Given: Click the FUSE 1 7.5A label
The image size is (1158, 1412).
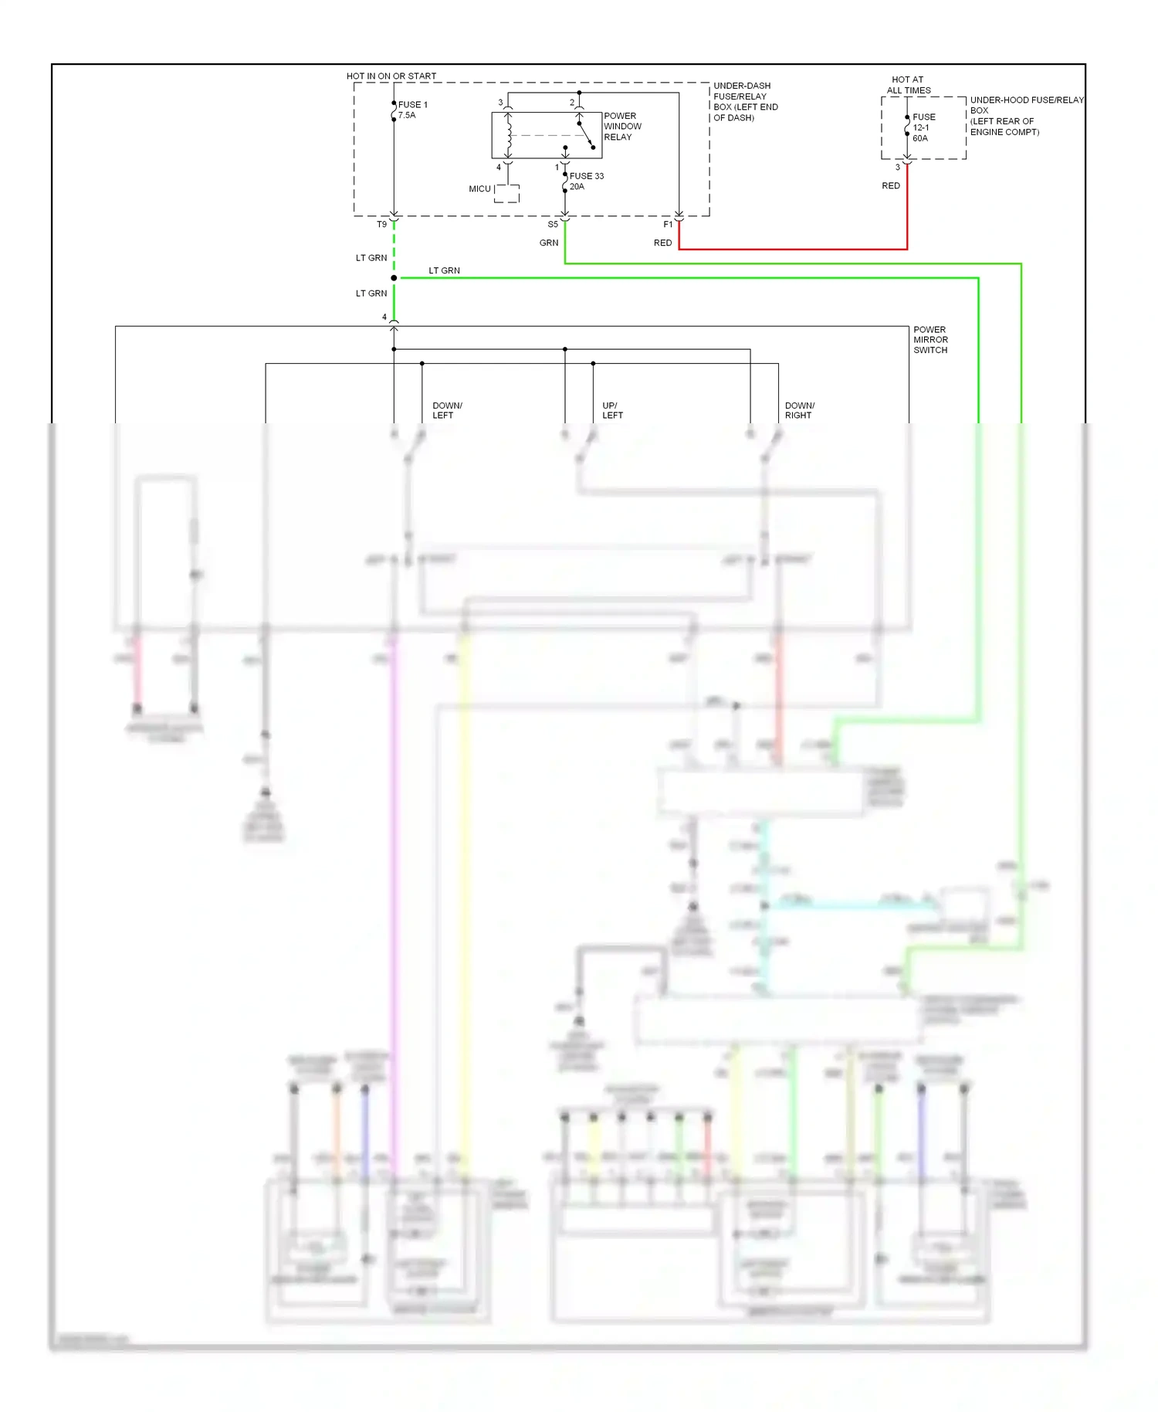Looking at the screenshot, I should coord(412,110).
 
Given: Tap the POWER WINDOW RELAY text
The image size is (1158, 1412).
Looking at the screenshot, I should coord(622,127).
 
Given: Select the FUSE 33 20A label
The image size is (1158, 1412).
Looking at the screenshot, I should coord(586,181).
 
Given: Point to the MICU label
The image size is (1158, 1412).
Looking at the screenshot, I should coord(479,189).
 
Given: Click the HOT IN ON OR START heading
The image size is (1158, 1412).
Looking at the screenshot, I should coord(391,76).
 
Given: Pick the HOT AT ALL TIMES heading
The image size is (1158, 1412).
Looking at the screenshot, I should coord(908,85).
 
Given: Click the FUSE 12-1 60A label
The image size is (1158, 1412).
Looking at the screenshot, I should coord(923,127).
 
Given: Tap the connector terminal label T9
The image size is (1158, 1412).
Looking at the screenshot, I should coord(381,225).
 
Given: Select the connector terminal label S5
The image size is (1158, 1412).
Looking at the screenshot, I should coord(553,225).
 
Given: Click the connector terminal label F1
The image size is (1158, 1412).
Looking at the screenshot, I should coord(668,225).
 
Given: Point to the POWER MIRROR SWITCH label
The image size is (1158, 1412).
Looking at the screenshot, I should coord(930,340).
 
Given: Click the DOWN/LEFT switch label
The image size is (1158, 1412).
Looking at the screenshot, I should coord(447,410).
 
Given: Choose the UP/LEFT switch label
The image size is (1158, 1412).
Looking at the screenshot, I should coord(612,410).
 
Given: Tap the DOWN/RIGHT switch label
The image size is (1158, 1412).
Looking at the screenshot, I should coord(799,410).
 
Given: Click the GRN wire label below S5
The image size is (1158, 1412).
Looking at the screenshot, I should coord(548,243).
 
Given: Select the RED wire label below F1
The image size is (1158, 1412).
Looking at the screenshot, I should coord(662,243).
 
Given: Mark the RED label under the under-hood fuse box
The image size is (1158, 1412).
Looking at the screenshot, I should coord(890,186).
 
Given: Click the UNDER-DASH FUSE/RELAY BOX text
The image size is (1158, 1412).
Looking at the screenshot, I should coord(744,102).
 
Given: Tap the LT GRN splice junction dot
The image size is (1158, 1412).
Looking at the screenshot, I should coord(394,277).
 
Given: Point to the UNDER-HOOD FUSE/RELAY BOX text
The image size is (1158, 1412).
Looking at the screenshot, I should coord(1025,116).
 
